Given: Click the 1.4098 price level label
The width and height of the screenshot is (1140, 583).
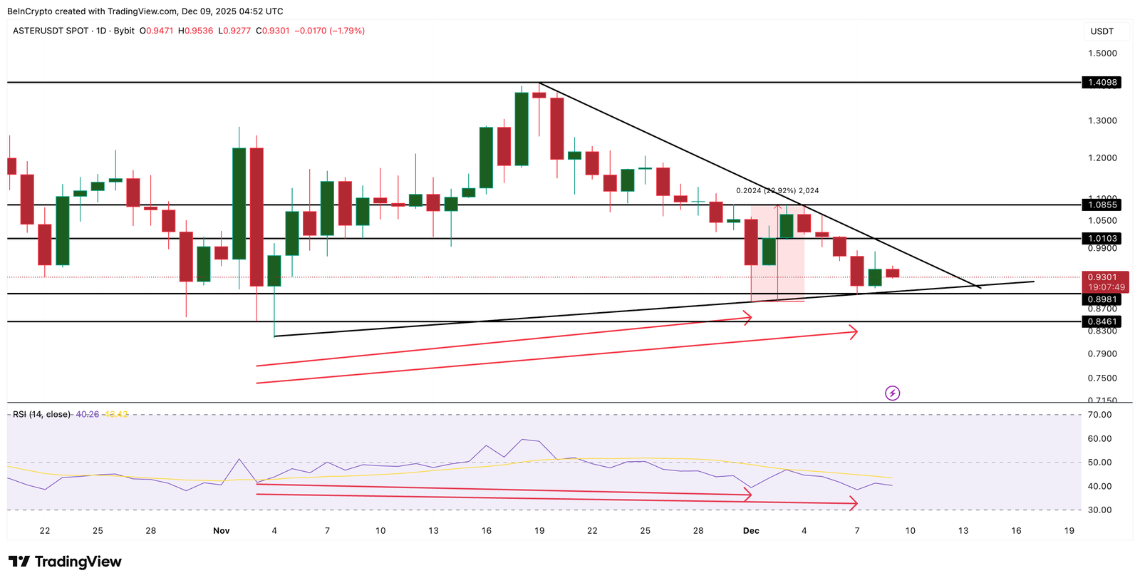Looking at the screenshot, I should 1102,83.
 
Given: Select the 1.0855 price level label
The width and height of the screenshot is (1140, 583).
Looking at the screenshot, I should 1102,205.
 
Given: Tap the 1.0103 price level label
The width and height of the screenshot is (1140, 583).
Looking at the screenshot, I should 1102,239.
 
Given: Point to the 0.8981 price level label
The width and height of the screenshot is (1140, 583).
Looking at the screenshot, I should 1102,300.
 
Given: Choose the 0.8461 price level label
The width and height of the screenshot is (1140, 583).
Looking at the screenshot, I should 1102,322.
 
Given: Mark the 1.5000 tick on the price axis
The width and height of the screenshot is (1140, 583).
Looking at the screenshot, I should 1102,53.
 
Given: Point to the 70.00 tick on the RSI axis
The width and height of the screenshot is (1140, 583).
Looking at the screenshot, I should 1100,415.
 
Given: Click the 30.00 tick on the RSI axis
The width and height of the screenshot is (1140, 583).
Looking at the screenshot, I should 1100,510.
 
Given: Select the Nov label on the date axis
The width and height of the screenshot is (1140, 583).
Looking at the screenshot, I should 222,531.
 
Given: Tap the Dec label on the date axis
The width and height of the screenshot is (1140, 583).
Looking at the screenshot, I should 751,531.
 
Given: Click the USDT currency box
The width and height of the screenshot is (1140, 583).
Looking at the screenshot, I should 1102,31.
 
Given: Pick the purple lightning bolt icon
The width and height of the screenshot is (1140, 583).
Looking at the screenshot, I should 892,393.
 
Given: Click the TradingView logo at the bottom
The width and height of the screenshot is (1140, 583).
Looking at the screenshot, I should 66,562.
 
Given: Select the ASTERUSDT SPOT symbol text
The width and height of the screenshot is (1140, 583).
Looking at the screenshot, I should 51,31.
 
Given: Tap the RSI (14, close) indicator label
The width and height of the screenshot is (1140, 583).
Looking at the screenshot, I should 41,414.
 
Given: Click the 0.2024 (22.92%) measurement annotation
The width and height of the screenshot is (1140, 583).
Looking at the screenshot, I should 777,191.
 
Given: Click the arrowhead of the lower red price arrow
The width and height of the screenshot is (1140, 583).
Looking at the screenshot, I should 854,331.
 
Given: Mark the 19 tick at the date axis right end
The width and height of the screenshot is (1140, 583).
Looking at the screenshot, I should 1069,531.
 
